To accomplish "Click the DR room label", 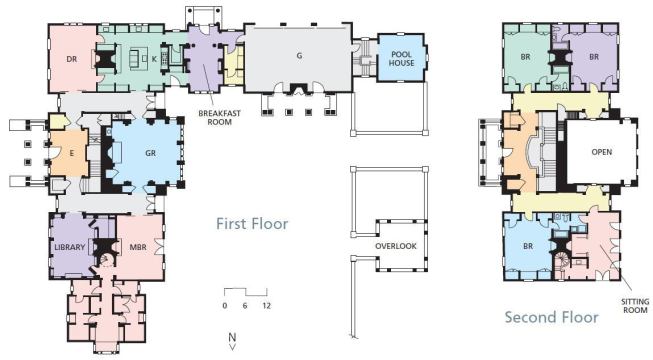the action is tap(72, 59).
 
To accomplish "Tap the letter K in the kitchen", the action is tap(154, 59).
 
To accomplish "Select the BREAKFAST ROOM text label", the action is tap(219, 118).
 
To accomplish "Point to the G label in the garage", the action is tap(299, 55).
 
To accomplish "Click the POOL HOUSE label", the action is tap(401, 59).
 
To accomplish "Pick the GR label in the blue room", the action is tap(150, 153).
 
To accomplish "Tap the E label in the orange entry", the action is tap(72, 153).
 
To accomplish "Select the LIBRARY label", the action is tap(70, 247).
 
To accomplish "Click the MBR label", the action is tap(138, 247).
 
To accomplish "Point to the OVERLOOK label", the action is tap(396, 246).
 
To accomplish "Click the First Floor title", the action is tap(252, 224).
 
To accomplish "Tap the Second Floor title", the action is tap(551, 317).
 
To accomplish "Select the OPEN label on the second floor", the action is tap(602, 152).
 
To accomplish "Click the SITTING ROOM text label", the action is tap(635, 306).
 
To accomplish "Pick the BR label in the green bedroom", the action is tap(526, 57).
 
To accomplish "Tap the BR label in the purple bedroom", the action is tap(594, 57).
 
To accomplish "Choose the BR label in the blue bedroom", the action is tap(528, 246).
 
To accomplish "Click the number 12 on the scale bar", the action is tap(267, 305).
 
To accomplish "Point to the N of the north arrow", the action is tap(232, 337).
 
